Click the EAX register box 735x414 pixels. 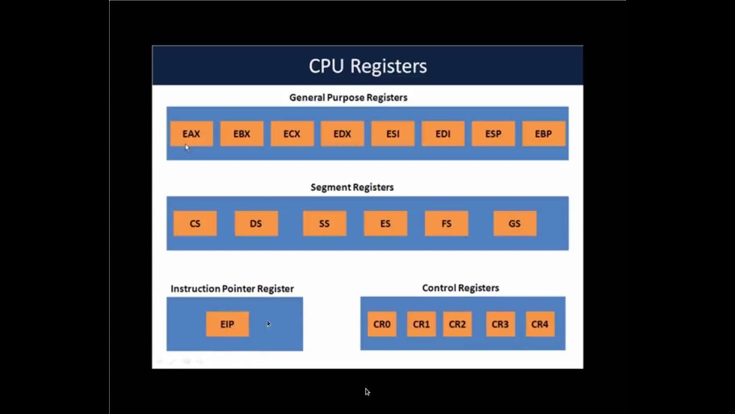[191, 134]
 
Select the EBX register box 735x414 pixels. [242, 134]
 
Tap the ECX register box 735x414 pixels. [292, 134]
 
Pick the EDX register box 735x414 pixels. [342, 134]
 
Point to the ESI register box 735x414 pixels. [393, 134]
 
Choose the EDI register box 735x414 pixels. [443, 134]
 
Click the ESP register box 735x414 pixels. [493, 134]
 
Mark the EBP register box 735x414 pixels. [543, 134]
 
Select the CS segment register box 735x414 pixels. [195, 224]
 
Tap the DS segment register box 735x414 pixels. [256, 224]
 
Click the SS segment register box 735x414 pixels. [324, 224]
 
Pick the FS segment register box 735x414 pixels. [447, 224]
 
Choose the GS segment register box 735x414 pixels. [514, 224]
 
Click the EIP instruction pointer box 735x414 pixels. [227, 324]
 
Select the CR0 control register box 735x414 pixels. [382, 324]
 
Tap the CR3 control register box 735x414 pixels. [500, 324]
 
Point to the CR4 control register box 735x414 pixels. [540, 324]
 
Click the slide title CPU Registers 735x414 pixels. [367, 66]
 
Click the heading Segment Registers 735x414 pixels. [352, 187]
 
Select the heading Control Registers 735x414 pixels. [461, 288]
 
